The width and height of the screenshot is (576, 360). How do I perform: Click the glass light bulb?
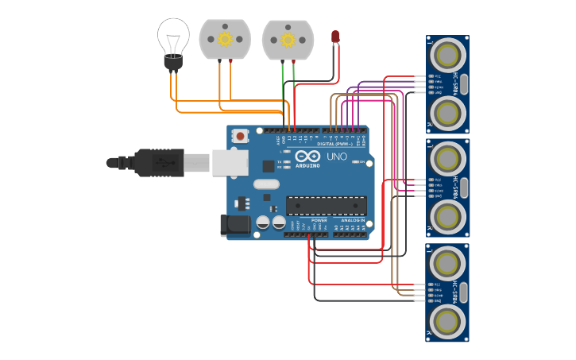[173, 36]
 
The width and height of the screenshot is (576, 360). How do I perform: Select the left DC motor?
[225, 39]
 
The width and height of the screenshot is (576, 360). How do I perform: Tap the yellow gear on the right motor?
[288, 39]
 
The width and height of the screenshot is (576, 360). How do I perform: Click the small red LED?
[335, 37]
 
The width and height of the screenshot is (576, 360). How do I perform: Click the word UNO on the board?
[337, 157]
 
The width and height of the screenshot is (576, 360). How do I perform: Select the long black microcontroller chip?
[326, 205]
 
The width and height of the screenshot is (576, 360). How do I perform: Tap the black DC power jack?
[236, 225]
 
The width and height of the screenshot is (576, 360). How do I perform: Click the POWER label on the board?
[319, 220]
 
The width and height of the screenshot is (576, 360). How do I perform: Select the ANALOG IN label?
[353, 220]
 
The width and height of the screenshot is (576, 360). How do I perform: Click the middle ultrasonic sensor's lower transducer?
[447, 215]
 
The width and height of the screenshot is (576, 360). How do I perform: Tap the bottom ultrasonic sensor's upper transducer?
[447, 261]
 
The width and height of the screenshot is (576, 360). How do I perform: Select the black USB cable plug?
[159, 162]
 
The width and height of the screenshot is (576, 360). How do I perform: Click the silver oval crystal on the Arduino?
[267, 184]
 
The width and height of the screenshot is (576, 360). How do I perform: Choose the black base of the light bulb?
[173, 62]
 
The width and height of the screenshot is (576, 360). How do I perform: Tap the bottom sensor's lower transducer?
[447, 320]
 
